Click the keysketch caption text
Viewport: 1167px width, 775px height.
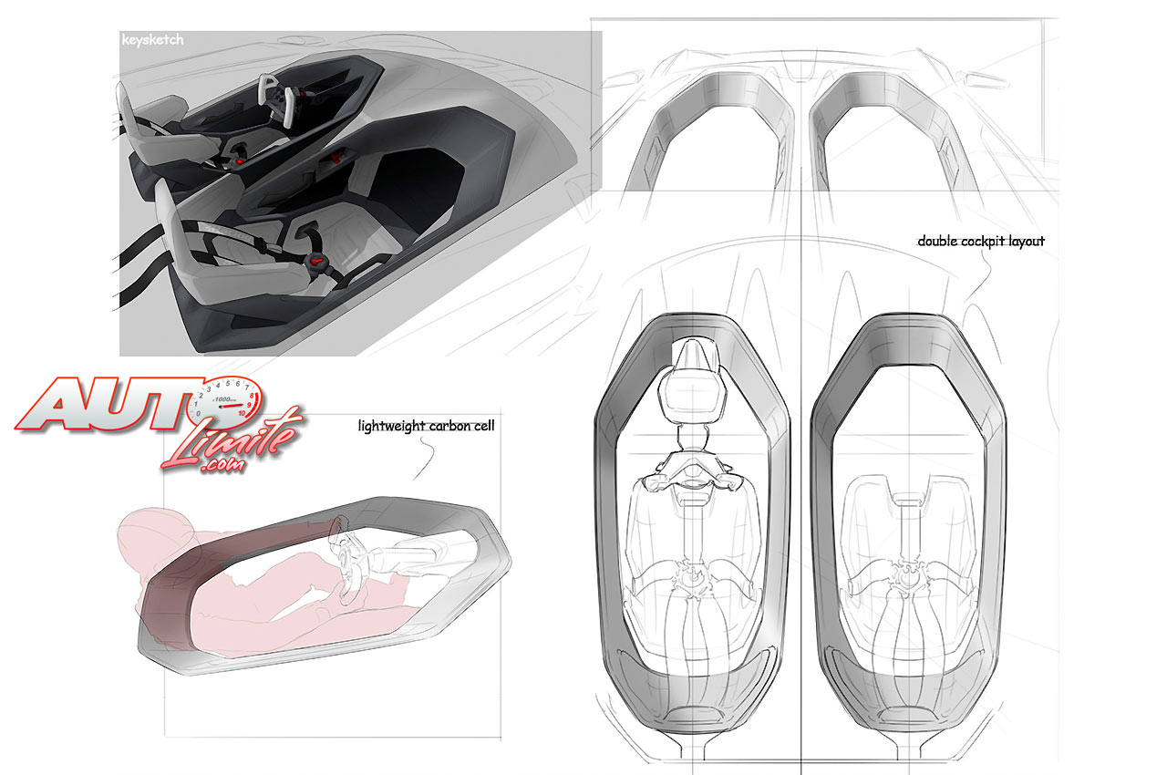[x=152, y=40]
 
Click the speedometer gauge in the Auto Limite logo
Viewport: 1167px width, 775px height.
[x=225, y=399]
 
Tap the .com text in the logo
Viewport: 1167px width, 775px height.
[x=222, y=463]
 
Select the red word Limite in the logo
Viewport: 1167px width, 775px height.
[x=232, y=439]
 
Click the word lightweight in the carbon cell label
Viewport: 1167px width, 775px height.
[x=392, y=426]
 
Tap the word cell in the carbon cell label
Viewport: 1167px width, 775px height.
[x=484, y=426]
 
